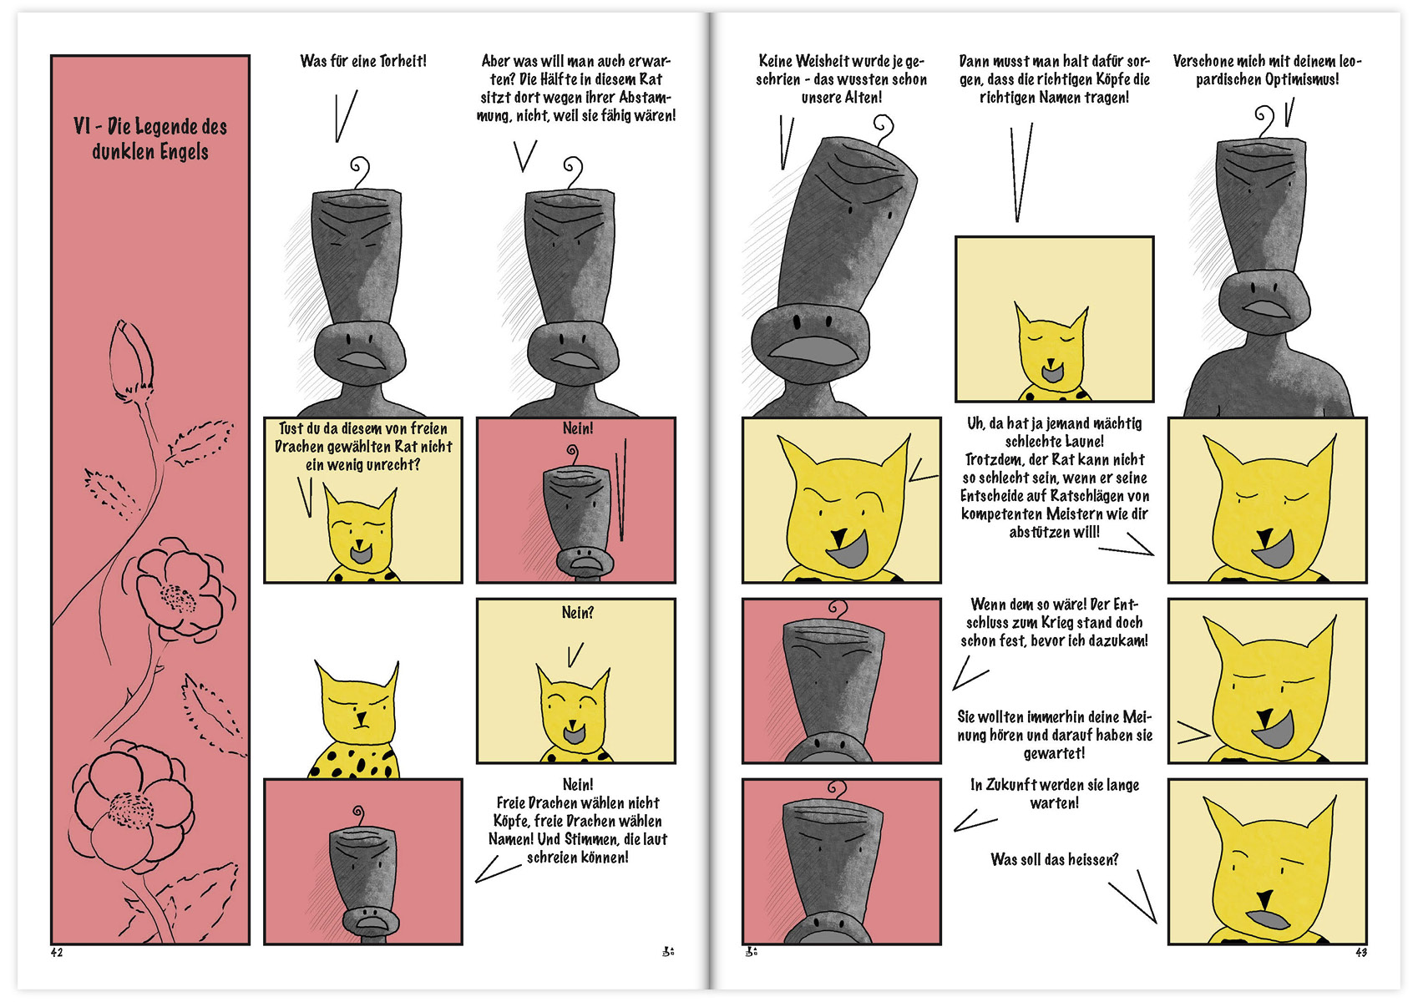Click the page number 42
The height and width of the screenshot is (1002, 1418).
click(x=57, y=953)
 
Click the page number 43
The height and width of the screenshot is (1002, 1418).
click(x=1361, y=953)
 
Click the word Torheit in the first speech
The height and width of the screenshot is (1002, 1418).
click(x=403, y=62)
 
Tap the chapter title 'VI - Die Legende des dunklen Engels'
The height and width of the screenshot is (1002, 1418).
click(x=150, y=139)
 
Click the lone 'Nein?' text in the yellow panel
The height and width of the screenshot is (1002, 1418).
click(x=577, y=613)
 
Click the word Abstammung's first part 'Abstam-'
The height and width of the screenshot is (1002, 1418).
click(x=646, y=98)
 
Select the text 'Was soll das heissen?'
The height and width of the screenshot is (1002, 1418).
click(x=1054, y=859)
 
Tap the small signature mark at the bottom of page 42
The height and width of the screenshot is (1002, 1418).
click(x=668, y=951)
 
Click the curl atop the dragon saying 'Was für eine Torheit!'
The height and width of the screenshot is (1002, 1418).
click(x=360, y=172)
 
